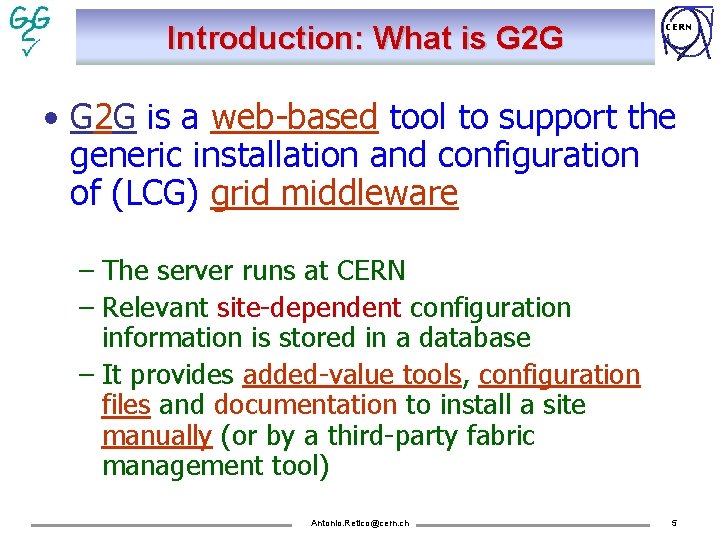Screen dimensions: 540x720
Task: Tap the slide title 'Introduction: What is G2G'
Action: click(365, 38)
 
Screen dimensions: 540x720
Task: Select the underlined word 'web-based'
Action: click(295, 118)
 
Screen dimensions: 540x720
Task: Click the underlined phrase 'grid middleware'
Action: click(334, 194)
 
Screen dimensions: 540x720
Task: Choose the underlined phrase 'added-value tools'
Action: click(352, 375)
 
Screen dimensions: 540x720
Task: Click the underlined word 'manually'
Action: click(156, 437)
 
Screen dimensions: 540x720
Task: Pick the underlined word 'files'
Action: click(125, 406)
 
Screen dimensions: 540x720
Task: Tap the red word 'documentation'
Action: click(305, 406)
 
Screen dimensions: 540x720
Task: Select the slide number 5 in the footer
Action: click(674, 523)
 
